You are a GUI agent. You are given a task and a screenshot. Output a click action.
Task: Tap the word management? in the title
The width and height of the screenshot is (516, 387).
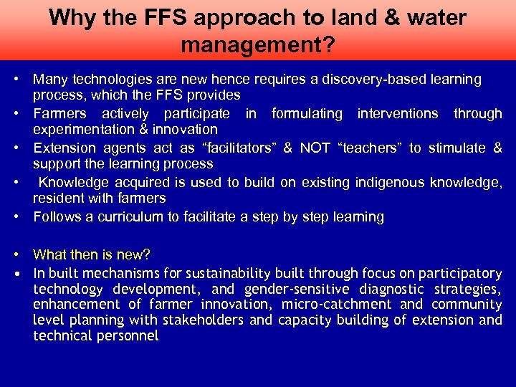pos(257,45)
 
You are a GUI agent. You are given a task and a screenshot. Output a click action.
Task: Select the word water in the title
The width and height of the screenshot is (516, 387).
pos(434,17)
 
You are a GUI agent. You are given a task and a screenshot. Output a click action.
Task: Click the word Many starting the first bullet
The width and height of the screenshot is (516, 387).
pos(50,79)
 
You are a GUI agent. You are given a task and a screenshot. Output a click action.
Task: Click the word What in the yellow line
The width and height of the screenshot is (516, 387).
pos(49,254)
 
